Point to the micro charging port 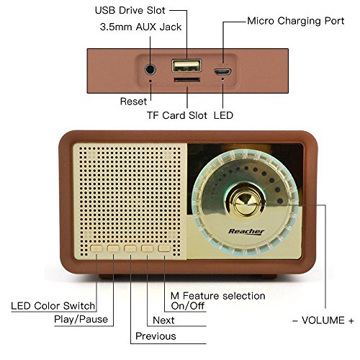222,71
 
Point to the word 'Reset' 133,102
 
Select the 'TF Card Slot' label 176,115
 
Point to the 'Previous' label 155,336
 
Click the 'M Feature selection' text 217,296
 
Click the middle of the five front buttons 130,249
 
